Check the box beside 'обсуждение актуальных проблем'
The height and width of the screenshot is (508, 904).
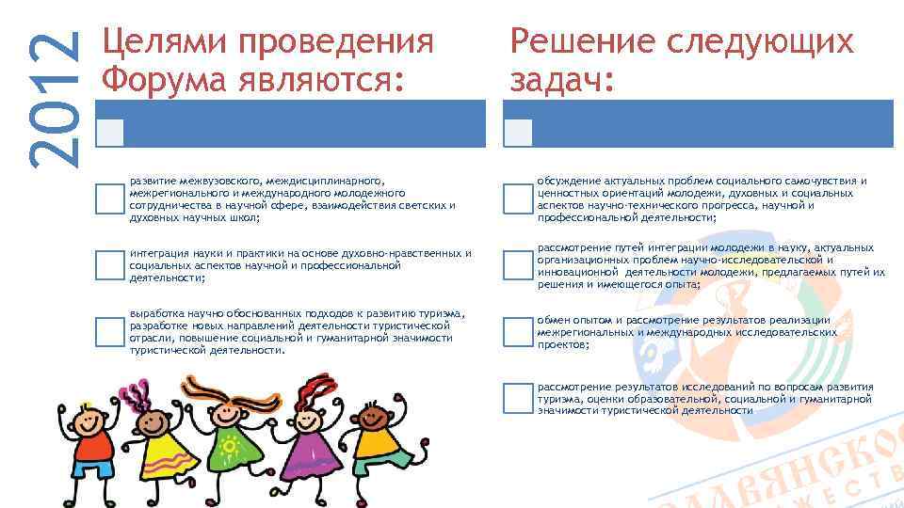tap(517, 198)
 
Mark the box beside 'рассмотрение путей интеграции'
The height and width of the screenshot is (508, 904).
tap(517, 266)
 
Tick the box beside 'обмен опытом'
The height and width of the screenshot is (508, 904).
tap(517, 332)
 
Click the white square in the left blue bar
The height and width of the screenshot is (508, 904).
tap(110, 133)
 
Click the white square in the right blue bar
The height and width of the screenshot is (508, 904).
tap(517, 133)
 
